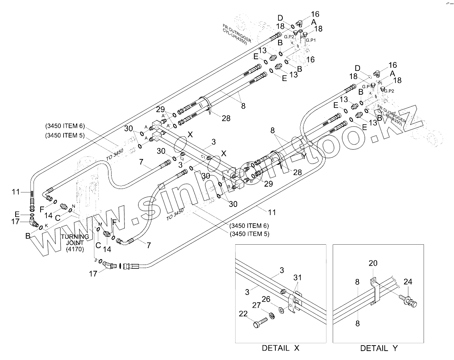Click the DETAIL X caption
pyautogui.click(x=280, y=348)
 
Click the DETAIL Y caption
pyautogui.click(x=378, y=348)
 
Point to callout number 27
pyautogui.click(x=256, y=306)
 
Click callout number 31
pyautogui.click(x=298, y=277)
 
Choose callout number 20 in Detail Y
pyautogui.click(x=373, y=263)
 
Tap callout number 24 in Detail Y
pyautogui.click(x=408, y=282)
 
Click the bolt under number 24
pyautogui.click(x=408, y=300)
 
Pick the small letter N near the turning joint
pyautogui.click(x=73, y=206)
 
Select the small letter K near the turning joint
pyautogui.click(x=46, y=225)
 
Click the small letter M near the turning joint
pyautogui.click(x=99, y=224)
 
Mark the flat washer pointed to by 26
pyautogui.click(x=280, y=310)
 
